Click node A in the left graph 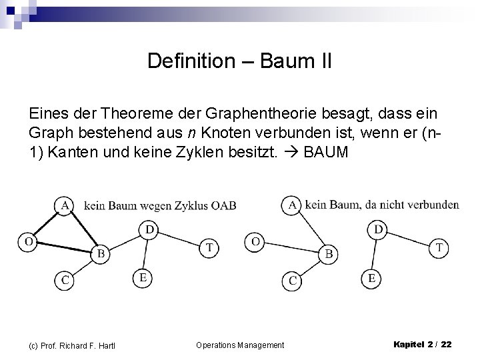(x=64, y=206)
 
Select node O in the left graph (x=28, y=241)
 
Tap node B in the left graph (x=100, y=253)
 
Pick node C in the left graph (x=65, y=280)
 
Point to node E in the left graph (x=141, y=276)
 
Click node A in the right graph (x=292, y=205)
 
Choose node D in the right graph (x=378, y=230)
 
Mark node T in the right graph (x=439, y=247)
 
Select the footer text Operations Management (x=240, y=345)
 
